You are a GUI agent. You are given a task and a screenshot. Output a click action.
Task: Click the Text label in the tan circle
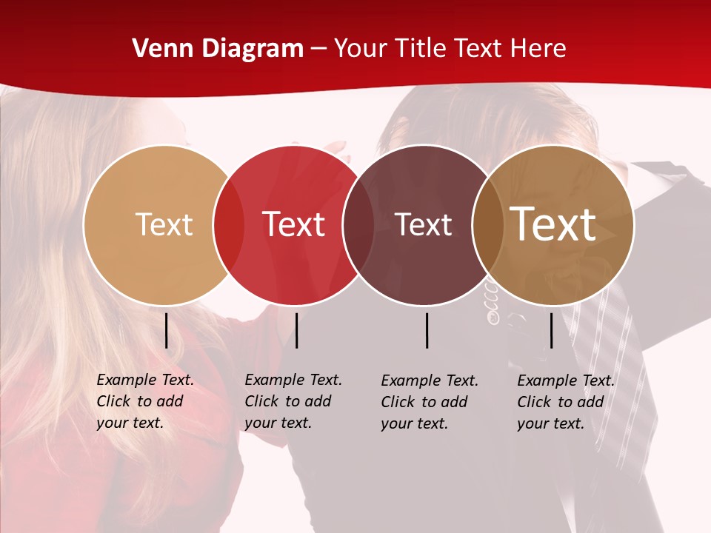[164, 224]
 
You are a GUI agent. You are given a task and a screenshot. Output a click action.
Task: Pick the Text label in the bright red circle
[293, 224]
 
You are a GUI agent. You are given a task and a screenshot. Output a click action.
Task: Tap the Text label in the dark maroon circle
[423, 224]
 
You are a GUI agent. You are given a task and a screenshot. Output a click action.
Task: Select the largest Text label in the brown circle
[553, 224]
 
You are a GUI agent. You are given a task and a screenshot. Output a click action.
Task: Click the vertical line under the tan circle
[166, 330]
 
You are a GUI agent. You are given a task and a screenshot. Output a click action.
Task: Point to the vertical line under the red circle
[296, 330]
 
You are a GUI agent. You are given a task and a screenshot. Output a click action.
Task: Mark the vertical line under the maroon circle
[427, 330]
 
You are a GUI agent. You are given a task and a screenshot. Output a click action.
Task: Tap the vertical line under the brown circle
[551, 330]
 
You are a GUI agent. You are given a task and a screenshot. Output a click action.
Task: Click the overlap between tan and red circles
[229, 225]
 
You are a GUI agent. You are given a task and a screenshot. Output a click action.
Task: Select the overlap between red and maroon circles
[358, 225]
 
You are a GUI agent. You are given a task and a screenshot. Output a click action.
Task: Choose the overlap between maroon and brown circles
[487, 225]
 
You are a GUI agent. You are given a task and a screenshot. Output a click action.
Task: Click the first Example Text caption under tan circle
[145, 401]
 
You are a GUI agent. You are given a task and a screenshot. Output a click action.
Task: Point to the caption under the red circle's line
[293, 401]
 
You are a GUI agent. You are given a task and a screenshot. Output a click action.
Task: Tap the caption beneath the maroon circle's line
[430, 402]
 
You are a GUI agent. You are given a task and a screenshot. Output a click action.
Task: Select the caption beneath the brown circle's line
[566, 402]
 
